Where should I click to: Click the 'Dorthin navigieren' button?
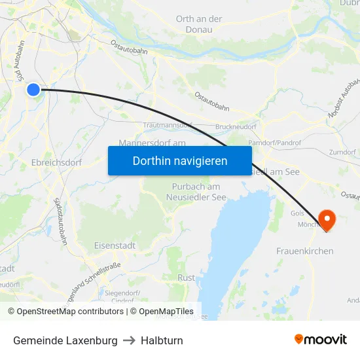pyautogui.click(x=179, y=160)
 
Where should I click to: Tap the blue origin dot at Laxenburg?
pyautogui.click(x=33, y=89)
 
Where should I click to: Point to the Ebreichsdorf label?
pyautogui.click(x=57, y=162)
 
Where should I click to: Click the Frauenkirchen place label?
pyautogui.click(x=304, y=251)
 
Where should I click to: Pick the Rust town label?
pyautogui.click(x=186, y=278)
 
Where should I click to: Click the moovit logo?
pyautogui.click(x=320, y=340)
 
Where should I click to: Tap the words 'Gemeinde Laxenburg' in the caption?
pyautogui.click(x=65, y=340)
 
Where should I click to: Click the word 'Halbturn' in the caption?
pyautogui.click(x=162, y=340)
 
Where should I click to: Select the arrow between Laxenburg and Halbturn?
pyautogui.click(x=129, y=340)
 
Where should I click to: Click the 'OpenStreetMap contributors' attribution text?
pyautogui.click(x=70, y=312)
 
